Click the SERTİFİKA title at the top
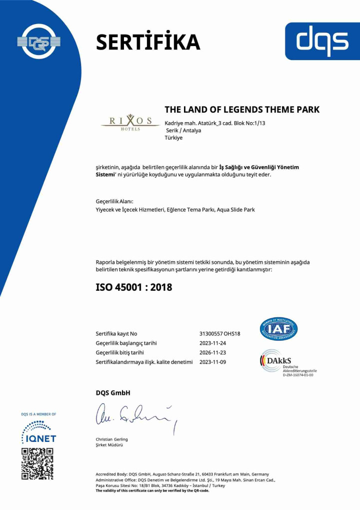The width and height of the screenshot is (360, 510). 147,42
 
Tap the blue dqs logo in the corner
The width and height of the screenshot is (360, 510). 322,41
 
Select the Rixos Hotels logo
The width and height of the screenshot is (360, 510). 127,122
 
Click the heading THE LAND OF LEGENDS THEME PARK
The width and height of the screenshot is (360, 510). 242,110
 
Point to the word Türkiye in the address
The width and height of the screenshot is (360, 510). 173,138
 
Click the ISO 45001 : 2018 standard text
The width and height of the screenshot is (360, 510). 133,287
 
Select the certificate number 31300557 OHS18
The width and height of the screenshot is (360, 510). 219,334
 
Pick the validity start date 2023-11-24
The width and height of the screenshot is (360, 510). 212,343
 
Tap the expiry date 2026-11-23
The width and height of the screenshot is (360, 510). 212,353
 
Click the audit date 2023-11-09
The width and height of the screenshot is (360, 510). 212,362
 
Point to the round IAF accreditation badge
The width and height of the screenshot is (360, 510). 278,329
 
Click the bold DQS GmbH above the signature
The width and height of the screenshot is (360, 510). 112,393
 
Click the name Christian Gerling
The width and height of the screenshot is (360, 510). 111,439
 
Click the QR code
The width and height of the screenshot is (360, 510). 37,464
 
